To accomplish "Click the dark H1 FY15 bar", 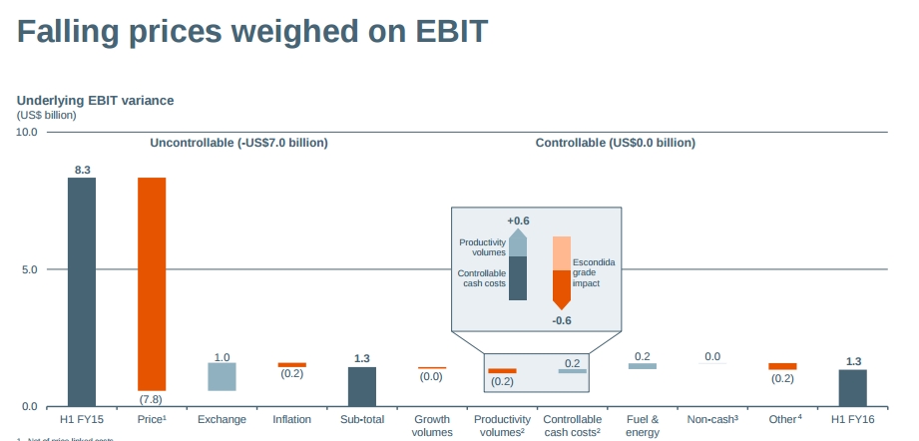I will tap(82, 291).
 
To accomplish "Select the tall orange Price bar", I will tap(152, 283).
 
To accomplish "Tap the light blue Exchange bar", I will tap(222, 376).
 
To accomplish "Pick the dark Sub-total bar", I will tap(362, 386).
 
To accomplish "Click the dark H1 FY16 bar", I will tap(852, 387).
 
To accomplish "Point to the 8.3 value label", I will tap(82, 170).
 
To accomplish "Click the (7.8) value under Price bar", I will tap(152, 399).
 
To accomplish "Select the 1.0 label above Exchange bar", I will tap(222, 356).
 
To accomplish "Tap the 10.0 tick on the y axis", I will tap(27, 132).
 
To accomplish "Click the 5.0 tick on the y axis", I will tap(30, 269).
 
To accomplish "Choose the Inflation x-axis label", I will tap(291, 420).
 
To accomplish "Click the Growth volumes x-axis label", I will tap(432, 426).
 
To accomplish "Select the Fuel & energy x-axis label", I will tap(642, 426).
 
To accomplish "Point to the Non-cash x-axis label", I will tap(711, 420).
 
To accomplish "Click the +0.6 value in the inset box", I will tap(518, 220).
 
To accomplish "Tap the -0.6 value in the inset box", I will tap(562, 320).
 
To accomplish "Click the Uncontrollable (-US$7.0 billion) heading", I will tap(238, 143).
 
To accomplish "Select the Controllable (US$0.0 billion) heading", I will tap(616, 143).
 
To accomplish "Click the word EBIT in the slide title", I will tap(444, 31).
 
